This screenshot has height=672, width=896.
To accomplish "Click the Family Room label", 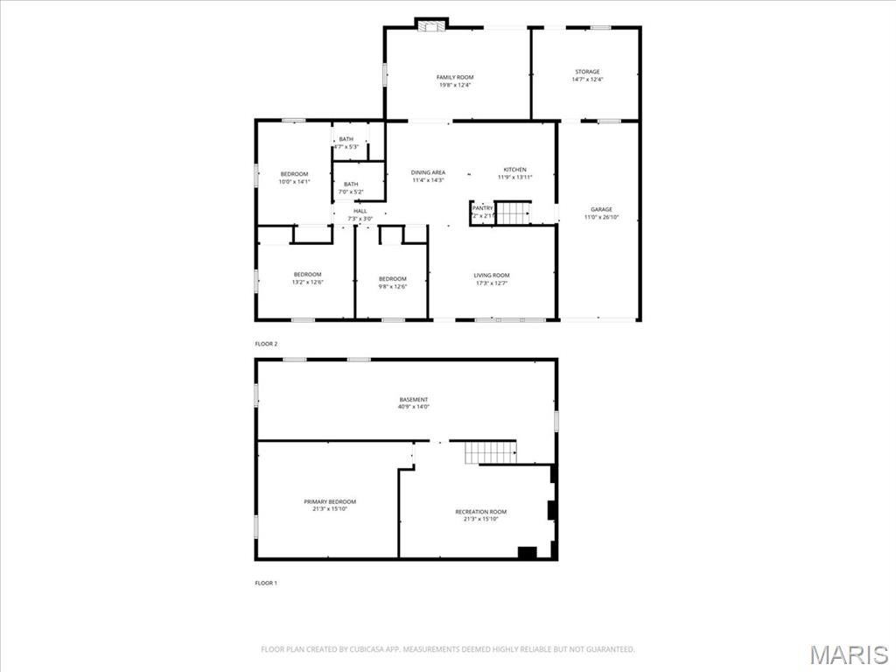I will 455,78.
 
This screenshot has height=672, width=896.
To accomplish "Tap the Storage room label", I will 587,72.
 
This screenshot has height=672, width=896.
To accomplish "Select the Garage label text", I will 601,210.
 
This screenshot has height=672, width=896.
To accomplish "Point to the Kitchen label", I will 514,170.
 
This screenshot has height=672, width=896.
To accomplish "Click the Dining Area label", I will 428,172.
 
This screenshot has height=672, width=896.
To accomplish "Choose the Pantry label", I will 482,208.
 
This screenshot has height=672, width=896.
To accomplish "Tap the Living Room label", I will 491,276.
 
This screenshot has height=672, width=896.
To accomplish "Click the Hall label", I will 360,211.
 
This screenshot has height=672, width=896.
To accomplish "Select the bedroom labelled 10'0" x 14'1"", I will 294,174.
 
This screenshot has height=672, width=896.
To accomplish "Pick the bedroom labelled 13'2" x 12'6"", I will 307,275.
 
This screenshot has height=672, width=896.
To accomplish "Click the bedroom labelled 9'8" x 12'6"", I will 393,279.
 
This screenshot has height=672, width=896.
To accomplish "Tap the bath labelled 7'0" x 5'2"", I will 351,184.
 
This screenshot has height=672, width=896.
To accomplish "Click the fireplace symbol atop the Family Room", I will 430,24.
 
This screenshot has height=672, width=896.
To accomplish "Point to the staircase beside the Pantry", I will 513,213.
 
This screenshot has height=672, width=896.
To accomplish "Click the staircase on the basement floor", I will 490,452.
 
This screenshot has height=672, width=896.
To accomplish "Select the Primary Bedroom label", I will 330,502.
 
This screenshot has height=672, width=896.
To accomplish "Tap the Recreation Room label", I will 480,512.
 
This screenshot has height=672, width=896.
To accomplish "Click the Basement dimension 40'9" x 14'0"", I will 415,407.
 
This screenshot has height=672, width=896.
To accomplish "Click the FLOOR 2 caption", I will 266,344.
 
